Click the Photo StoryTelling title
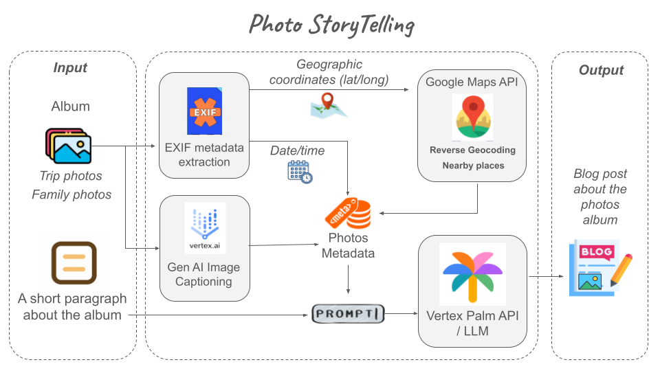331,24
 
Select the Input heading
70,67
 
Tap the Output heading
601,70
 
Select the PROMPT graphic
347,314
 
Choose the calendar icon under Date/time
300,171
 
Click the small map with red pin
329,105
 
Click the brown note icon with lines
73,263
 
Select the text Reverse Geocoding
472,150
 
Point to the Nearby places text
472,166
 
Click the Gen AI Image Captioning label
204,274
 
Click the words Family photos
71,194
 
